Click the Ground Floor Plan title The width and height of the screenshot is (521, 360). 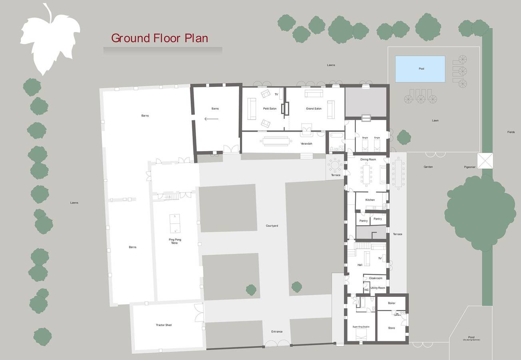159,38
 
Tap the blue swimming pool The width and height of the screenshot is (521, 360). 420,69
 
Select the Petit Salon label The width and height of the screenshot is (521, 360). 269,109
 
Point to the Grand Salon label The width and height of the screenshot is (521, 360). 313,109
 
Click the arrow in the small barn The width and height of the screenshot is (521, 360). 211,119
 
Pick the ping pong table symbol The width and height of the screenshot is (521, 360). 175,224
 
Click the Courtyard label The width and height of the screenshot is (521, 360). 271,226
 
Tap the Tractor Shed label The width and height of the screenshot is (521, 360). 164,325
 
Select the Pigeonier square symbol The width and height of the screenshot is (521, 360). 485,161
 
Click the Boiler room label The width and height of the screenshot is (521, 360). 391,303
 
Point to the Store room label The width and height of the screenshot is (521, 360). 391,328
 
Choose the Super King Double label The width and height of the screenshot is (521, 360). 361,327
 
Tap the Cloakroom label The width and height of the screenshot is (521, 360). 375,278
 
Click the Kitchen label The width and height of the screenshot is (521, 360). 370,200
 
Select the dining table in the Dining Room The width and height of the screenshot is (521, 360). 366,174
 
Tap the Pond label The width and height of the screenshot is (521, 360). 471,337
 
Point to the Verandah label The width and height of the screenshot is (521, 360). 306,144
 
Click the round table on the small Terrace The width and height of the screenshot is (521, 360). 334,164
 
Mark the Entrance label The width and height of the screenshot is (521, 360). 277,332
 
